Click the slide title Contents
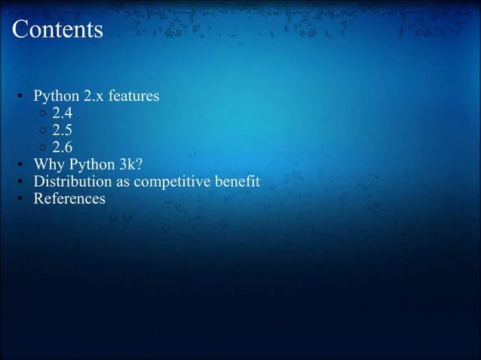click(57, 29)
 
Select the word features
click(134, 97)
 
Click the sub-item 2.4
click(62, 114)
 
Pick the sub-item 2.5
click(62, 131)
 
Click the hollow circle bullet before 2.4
click(42, 115)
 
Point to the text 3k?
click(125, 165)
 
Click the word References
click(69, 199)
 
